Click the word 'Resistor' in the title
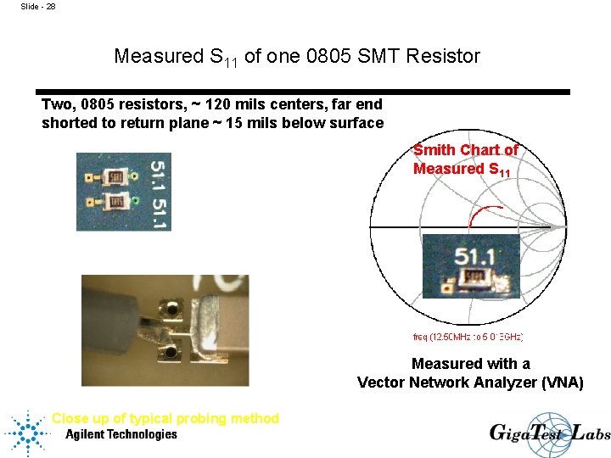(443, 57)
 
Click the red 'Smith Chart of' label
(465, 150)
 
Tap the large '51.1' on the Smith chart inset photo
(474, 256)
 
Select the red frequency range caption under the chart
(468, 337)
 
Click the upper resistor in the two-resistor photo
(115, 178)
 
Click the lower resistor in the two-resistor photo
(114, 203)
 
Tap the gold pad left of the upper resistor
(88, 179)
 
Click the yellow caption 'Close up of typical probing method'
(165, 418)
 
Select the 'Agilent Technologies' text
(121, 434)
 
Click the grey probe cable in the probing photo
(119, 306)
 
